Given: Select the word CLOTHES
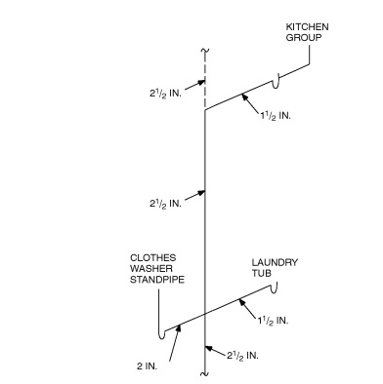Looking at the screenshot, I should point(151,258).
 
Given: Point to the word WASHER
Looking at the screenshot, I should point(150,270).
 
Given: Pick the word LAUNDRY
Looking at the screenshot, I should point(275,262).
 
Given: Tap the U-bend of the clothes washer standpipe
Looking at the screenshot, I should point(159,335).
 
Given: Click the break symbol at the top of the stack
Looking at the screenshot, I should point(203,50).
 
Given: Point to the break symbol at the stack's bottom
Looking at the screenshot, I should point(203,371).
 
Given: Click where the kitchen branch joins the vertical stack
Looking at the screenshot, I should point(203,112).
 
